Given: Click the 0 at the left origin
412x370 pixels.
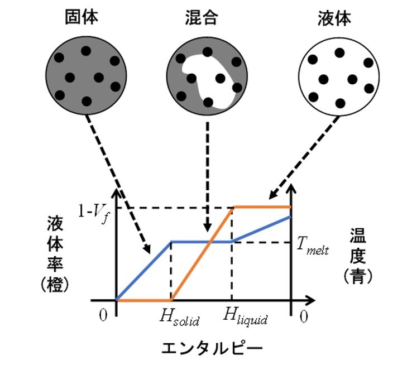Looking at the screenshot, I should pos(102,315).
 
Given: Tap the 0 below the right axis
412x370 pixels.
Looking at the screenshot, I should pos(303,315).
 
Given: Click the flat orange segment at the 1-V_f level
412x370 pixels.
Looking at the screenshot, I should pos(262,206).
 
